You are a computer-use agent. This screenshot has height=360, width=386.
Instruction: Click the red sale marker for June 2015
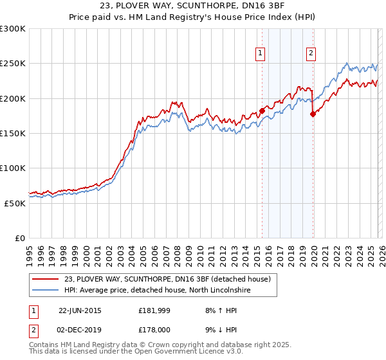(x=262, y=111)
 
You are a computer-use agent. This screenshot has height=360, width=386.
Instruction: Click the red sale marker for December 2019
(x=313, y=114)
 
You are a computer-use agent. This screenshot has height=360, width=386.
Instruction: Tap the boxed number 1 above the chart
(x=261, y=54)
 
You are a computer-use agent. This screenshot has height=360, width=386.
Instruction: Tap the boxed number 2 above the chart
(x=311, y=54)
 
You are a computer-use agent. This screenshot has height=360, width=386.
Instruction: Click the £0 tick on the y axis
(x=19, y=238)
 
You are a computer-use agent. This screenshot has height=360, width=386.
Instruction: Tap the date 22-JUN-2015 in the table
(x=80, y=310)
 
